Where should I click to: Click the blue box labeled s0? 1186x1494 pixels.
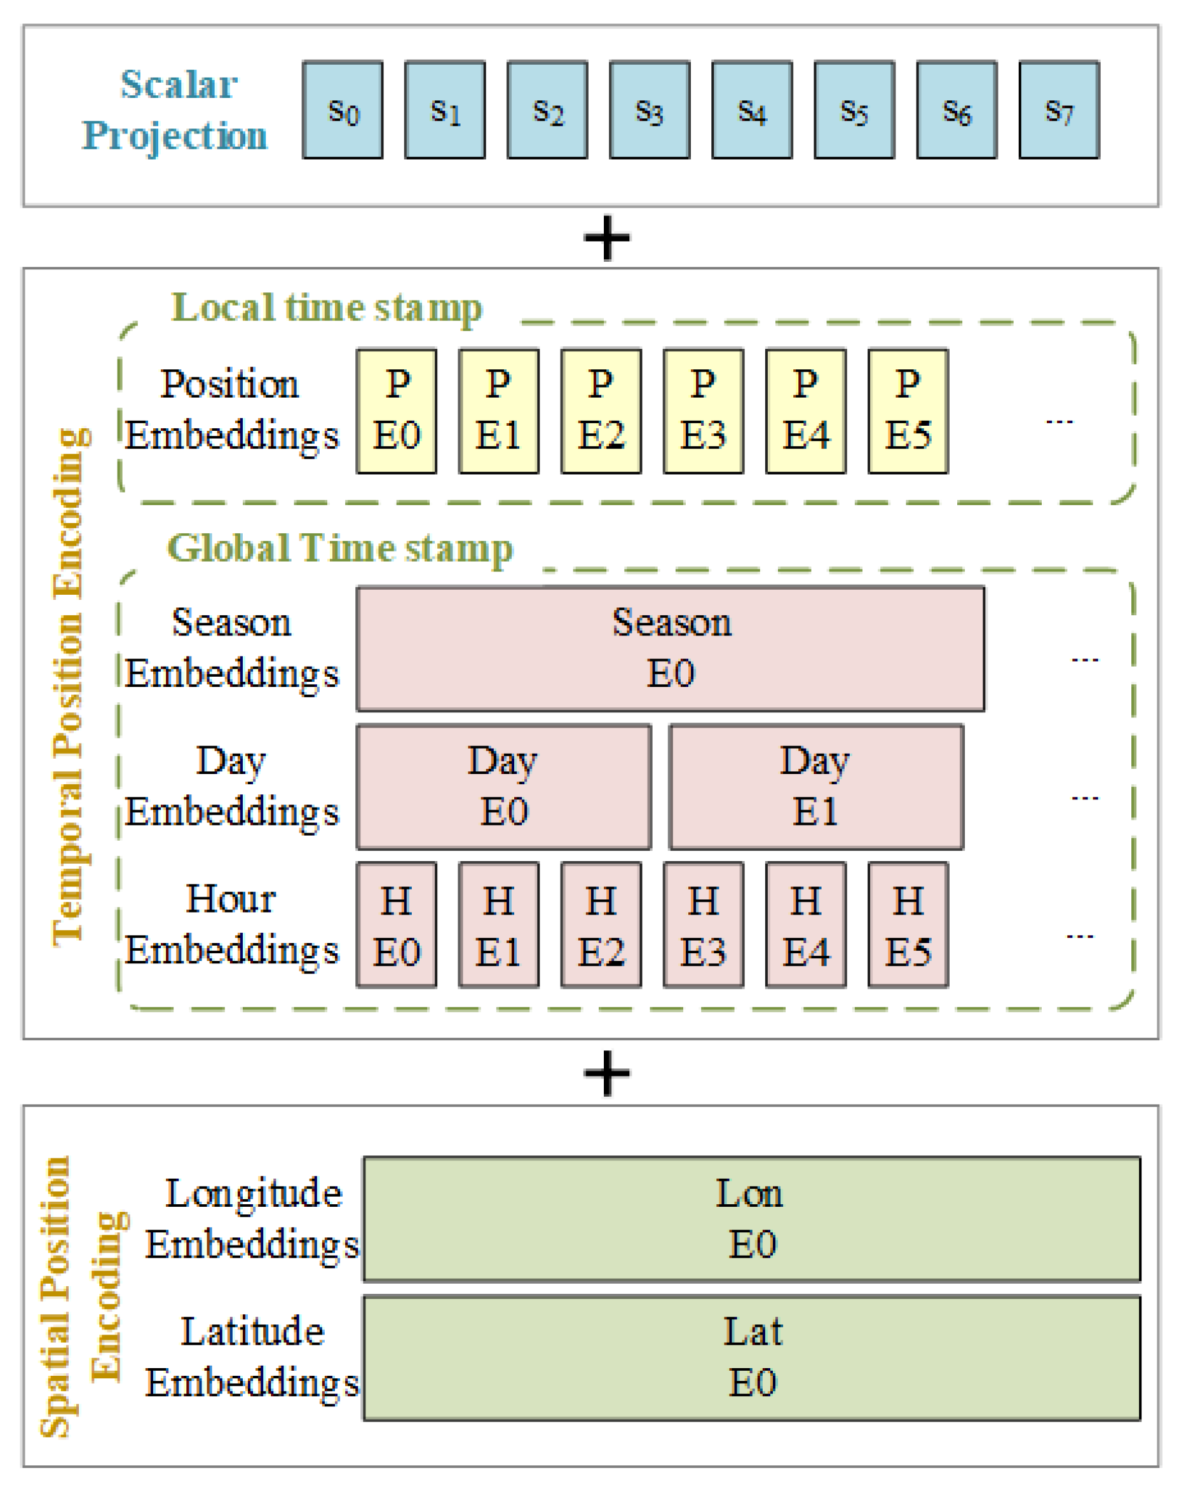[343, 109]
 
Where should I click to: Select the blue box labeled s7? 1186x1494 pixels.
[1058, 109]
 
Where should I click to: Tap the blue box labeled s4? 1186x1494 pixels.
[751, 109]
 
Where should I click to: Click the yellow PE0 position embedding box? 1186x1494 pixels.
[397, 411]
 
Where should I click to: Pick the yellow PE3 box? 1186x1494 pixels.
[703, 411]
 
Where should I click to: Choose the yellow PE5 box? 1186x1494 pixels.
[908, 411]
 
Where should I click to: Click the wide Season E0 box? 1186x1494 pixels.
[670, 648]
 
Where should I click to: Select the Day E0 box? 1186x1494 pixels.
[503, 787]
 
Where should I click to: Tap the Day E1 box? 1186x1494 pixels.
[816, 787]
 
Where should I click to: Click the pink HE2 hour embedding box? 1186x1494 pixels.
[601, 925]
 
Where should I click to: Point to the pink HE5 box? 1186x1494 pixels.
[908, 925]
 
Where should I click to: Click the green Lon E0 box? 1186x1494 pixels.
[751, 1219]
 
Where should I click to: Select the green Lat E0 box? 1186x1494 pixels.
[751, 1357]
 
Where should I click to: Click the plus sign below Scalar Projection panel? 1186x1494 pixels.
[606, 238]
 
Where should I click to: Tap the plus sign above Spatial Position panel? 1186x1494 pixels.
[606, 1073]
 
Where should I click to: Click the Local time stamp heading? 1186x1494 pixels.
[326, 307]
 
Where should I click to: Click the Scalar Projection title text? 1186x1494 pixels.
[175, 109]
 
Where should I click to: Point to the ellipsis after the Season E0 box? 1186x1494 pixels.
[1084, 659]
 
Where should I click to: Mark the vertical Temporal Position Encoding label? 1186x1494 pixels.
[69, 686]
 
